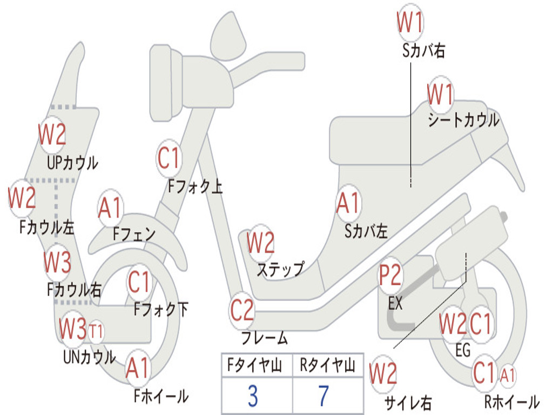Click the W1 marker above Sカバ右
coord(410,23)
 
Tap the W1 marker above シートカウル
coord(441,95)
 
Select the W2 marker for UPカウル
coord(52,133)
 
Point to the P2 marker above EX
coord(390,276)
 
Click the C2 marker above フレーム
coord(242,310)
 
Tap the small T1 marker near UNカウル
coord(96,330)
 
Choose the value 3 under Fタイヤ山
coord(252,396)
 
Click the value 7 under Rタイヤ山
coord(323,396)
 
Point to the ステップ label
coord(280,269)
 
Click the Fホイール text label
coord(161,396)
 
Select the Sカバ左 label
coord(366,231)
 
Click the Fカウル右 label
coord(74,290)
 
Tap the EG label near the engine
coord(463,350)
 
